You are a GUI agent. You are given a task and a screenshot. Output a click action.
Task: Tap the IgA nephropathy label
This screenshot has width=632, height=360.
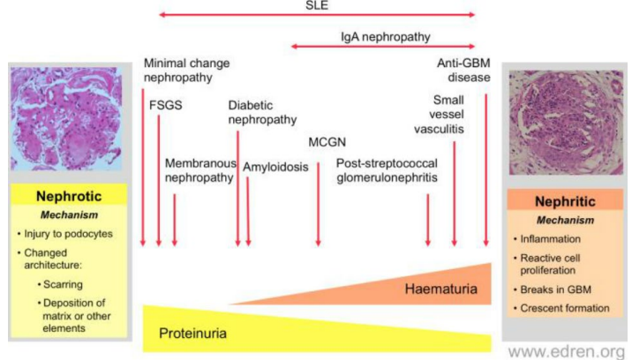click(381, 38)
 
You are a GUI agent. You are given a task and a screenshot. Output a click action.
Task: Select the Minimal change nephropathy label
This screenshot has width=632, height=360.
click(186, 71)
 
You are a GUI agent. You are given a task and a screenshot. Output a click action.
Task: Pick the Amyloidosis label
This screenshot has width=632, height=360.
click(276, 166)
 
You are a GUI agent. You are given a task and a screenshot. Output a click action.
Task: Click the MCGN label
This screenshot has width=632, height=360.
click(327, 142)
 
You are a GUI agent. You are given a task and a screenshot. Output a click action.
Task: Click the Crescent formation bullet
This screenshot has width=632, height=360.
click(565, 308)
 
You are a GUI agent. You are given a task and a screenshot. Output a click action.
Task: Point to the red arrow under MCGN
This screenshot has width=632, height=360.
click(319, 203)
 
